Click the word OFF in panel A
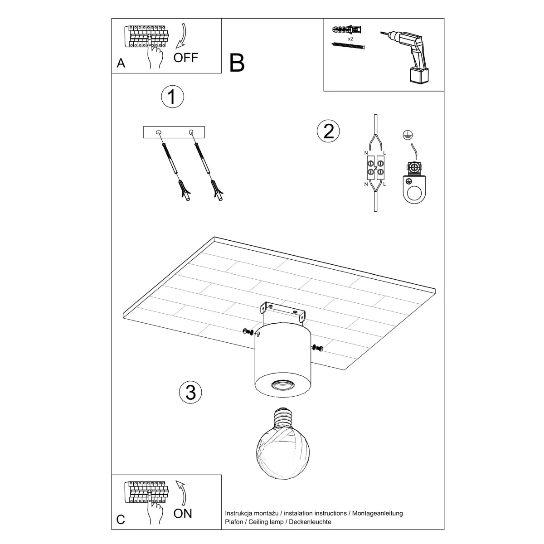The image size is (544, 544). tap(186, 58)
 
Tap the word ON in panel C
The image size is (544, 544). tap(183, 513)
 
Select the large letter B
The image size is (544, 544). tap(237, 63)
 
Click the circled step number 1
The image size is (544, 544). tap(172, 97)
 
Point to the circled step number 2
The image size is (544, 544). tap(328, 131)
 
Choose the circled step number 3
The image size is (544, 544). tap(190, 392)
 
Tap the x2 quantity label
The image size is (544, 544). tap(350, 39)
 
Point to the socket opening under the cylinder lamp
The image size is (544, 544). tap(282, 386)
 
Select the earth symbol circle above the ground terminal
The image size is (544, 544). tap(407, 134)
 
